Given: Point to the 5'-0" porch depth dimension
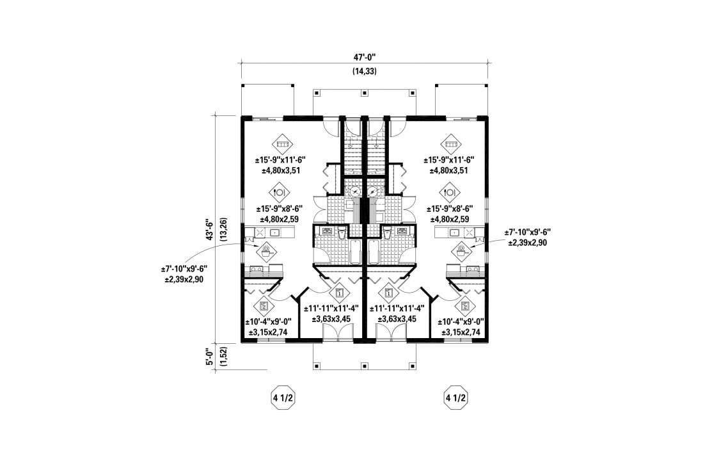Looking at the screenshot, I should pyautogui.click(x=209, y=357).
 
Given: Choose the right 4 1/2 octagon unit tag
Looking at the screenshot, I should pyautogui.click(x=456, y=399).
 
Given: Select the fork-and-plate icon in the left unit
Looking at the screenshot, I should pyautogui.click(x=279, y=191).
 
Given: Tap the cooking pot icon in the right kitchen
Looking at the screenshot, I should pyautogui.click(x=461, y=250).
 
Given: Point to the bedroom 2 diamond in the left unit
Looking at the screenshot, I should pyautogui.click(x=263, y=306).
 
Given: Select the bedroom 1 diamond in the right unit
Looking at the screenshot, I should pyautogui.click(x=388, y=293).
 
